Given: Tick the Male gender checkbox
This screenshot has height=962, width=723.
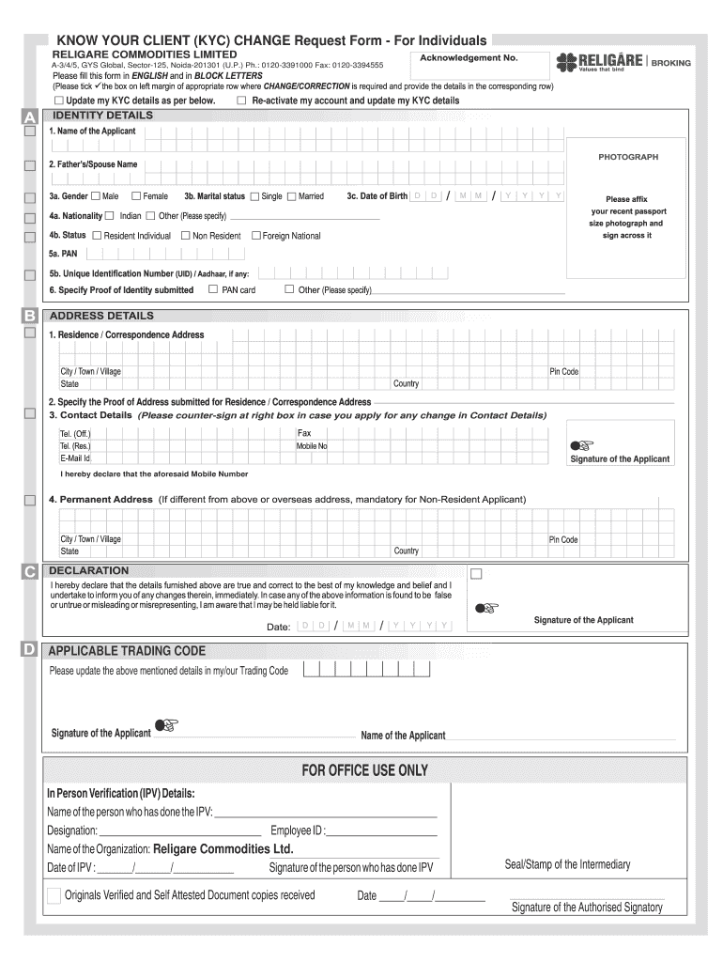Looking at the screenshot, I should pyautogui.click(x=96, y=196).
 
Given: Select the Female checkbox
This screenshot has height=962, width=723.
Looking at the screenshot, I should pyautogui.click(x=136, y=196).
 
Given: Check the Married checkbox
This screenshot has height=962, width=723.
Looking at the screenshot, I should pyautogui.click(x=291, y=196).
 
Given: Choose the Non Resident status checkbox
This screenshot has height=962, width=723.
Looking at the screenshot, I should pyautogui.click(x=185, y=236).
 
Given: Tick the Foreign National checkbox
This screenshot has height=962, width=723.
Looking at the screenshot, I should pyautogui.click(x=255, y=236).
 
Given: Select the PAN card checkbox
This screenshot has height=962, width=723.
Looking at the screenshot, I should pyautogui.click(x=213, y=289).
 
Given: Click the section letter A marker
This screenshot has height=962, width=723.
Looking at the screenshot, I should pyautogui.click(x=29, y=117).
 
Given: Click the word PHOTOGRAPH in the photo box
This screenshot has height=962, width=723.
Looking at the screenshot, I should pyautogui.click(x=628, y=157).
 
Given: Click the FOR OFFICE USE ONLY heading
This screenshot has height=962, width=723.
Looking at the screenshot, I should pyautogui.click(x=364, y=770).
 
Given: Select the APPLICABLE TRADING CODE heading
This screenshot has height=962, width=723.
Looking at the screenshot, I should pyautogui.click(x=127, y=651).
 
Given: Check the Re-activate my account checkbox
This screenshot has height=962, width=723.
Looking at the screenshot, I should pyautogui.click(x=242, y=101).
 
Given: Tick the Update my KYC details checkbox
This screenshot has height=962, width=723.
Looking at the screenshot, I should pyautogui.click(x=60, y=101).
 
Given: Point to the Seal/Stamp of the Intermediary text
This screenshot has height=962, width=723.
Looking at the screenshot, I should pyautogui.click(x=567, y=864).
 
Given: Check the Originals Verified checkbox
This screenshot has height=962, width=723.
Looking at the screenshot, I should pyautogui.click(x=54, y=895).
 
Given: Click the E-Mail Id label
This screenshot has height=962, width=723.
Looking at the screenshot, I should pyautogui.click(x=75, y=458).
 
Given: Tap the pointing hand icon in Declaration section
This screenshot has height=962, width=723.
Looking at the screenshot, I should pyautogui.click(x=485, y=608).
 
